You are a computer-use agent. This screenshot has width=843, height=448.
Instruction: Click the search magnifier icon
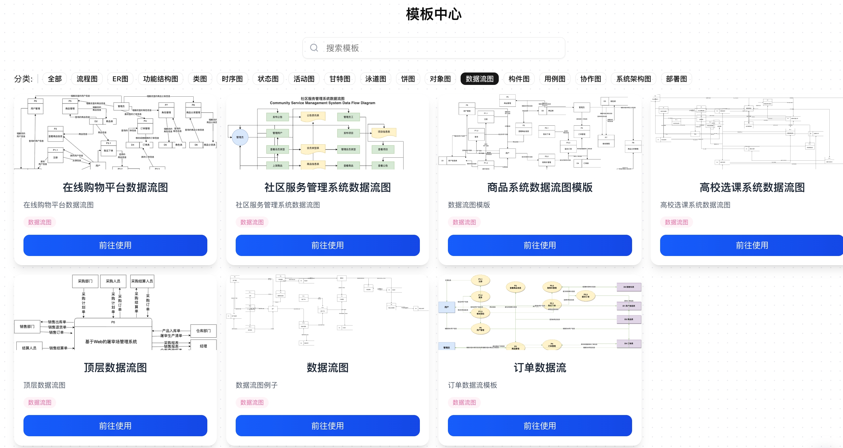tap(314, 48)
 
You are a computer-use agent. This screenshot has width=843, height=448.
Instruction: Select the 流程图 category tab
tap(87, 79)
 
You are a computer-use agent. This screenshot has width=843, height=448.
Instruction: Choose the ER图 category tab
tap(120, 79)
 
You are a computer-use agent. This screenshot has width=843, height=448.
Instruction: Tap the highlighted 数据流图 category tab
tap(479, 79)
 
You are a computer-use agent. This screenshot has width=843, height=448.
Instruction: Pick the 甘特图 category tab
tap(340, 79)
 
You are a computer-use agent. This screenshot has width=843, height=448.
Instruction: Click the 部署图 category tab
tap(676, 79)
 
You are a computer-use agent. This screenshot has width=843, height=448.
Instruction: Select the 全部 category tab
tap(55, 79)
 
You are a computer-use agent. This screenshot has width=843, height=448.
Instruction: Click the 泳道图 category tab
tap(375, 79)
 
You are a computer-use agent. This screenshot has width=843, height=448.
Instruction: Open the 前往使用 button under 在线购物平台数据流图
tap(115, 245)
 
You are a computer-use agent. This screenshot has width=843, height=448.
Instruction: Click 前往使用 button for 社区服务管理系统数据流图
tap(327, 245)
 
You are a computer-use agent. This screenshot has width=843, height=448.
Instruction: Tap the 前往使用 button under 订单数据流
tap(540, 425)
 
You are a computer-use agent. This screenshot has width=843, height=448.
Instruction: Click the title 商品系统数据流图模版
tap(540, 187)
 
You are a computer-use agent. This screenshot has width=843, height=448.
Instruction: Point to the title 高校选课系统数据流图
tap(752, 187)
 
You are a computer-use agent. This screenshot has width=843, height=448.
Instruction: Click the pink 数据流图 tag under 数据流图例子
tap(252, 402)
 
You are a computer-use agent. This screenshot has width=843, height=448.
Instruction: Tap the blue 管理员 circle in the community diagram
tap(240, 137)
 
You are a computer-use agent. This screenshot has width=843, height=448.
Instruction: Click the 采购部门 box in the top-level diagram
tap(85, 281)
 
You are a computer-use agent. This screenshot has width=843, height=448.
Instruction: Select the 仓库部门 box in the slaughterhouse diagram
tap(203, 331)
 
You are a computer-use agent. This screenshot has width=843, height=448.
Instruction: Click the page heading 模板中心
tap(434, 14)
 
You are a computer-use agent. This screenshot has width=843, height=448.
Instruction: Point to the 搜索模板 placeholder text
tap(342, 48)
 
